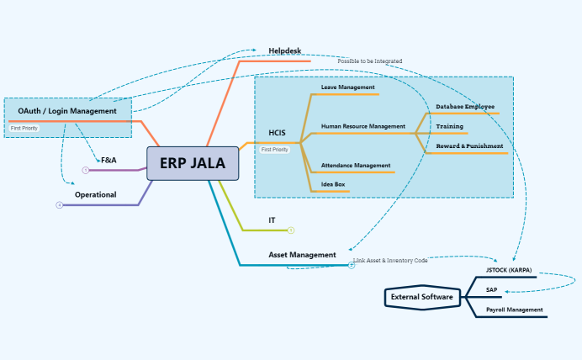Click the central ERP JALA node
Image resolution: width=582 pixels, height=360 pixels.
193,163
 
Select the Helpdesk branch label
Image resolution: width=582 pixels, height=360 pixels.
284,51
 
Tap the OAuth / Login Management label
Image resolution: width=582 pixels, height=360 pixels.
67,111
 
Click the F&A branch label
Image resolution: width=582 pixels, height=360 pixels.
108,160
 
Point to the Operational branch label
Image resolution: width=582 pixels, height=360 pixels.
95,194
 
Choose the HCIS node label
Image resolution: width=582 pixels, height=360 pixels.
277,133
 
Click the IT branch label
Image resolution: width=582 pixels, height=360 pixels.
272,220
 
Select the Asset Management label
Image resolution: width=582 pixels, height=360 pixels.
302,254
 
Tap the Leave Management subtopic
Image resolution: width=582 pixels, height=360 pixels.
348,87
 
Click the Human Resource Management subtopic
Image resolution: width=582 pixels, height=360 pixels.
362,126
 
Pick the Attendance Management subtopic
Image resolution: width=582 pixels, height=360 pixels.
356,165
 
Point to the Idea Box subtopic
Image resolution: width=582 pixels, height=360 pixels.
333,184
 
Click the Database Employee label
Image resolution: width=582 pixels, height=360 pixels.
465,107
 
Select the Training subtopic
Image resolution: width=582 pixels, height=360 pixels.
449,126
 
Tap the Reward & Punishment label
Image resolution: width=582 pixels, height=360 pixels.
469,146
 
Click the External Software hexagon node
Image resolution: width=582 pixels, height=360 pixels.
422,297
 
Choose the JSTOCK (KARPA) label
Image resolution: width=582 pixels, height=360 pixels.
509,270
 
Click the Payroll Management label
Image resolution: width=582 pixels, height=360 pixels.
514,310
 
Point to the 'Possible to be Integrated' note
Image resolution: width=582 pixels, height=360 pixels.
370,61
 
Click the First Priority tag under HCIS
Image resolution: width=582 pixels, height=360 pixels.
275,150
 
